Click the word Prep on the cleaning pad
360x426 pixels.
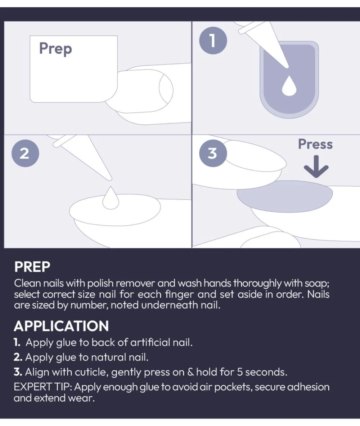point(55,49)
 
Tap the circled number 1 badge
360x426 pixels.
point(213,40)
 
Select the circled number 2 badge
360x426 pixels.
point(25,153)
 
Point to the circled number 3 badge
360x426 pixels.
point(213,153)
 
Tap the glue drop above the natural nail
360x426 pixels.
point(111,198)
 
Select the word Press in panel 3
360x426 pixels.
point(315,144)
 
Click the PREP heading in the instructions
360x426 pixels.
point(32,267)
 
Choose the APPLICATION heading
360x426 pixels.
point(61,326)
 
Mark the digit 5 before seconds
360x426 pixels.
point(239,372)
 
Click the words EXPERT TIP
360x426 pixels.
point(43,387)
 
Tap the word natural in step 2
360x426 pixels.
point(108,357)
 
